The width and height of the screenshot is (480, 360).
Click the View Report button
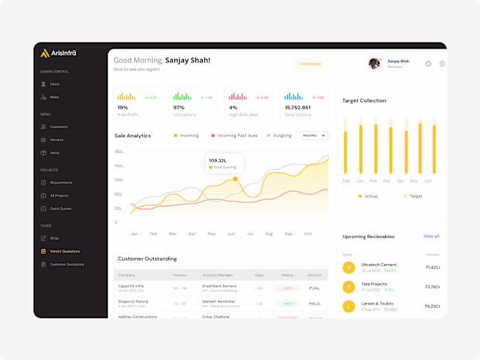click(310, 64)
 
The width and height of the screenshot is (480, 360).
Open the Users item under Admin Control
click(54, 84)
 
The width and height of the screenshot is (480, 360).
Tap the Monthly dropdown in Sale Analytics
click(314, 136)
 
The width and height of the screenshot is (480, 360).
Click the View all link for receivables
click(431, 237)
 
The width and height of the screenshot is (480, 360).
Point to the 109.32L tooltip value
click(217, 160)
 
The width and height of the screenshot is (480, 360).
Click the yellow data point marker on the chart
click(235, 179)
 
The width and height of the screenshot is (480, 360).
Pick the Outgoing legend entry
click(282, 136)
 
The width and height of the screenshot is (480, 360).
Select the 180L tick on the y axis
click(119, 152)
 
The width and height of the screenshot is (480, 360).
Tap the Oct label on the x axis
click(308, 234)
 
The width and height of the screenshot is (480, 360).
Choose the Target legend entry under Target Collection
click(416, 196)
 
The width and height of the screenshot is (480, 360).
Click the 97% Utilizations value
click(179, 108)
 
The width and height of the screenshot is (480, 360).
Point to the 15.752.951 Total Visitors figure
click(298, 108)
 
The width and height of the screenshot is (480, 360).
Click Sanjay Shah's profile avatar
click(374, 64)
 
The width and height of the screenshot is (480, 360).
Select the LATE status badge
click(287, 288)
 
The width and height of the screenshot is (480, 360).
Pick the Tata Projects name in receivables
click(374, 284)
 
